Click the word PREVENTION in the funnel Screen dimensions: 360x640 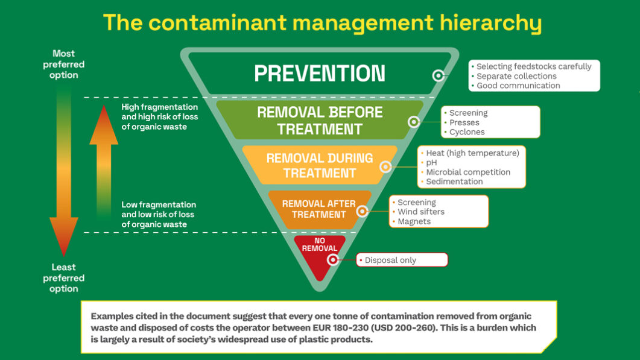(320, 73)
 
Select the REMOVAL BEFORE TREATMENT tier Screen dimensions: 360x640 (320, 120)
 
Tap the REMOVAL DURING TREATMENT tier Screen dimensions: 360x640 (320, 165)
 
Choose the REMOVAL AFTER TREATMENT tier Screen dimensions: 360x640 (318, 209)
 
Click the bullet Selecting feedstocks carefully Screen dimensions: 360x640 (533, 66)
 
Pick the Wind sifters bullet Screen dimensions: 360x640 (420, 212)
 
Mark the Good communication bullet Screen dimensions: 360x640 (518, 86)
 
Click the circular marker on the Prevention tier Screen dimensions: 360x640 (439, 75)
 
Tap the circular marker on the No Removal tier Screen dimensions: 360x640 (332, 260)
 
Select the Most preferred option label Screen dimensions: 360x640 (64, 65)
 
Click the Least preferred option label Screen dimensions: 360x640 (64, 278)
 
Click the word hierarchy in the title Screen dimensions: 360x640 (487, 23)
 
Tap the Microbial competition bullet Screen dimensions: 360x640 (467, 172)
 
